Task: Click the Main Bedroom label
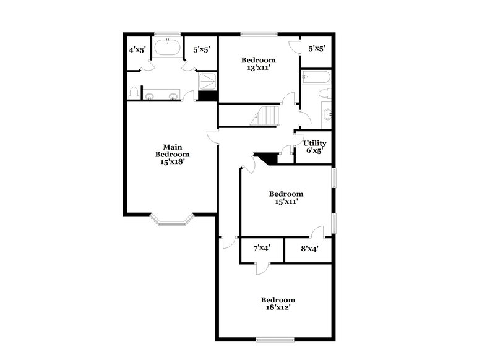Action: pyautogui.click(x=172, y=150)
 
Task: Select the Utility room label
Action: pyautogui.click(x=314, y=144)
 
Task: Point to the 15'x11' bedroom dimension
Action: pyautogui.click(x=286, y=202)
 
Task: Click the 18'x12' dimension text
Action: pyautogui.click(x=277, y=307)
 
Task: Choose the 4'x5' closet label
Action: pyautogui.click(x=136, y=49)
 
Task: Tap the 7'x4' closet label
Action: pyautogui.click(x=262, y=248)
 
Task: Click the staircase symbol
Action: pyautogui.click(x=265, y=116)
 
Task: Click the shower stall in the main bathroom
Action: pyautogui.click(x=208, y=82)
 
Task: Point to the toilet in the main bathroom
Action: pyautogui.click(x=134, y=93)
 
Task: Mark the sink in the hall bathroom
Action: pyautogui.click(x=327, y=114)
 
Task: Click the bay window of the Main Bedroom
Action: pyautogui.click(x=172, y=219)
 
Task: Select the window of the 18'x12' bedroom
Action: pyautogui.click(x=275, y=339)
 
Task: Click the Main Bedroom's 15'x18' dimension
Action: pyautogui.click(x=172, y=161)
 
